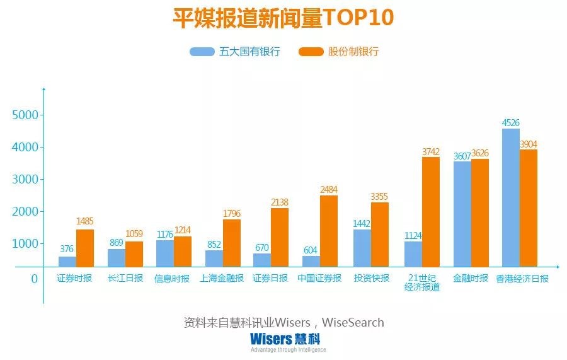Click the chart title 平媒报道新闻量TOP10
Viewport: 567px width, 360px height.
[x=283, y=18]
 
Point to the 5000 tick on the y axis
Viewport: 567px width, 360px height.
[x=25, y=115]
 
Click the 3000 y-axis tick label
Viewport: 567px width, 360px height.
[x=25, y=180]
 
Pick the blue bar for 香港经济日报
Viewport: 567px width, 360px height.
[x=510, y=197]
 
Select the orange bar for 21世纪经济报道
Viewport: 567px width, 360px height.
[x=431, y=212]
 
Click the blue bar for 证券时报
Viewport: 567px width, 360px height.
[x=67, y=262]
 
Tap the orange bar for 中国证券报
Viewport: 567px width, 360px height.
[x=329, y=231]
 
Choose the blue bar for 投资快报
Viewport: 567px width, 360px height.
[x=362, y=248]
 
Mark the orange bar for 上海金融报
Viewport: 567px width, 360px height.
[x=231, y=243]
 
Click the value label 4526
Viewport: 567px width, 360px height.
[x=510, y=123]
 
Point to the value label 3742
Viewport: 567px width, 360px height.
[x=431, y=151]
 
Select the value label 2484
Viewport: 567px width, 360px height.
[x=329, y=190]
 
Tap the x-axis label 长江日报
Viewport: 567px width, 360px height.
[x=125, y=278]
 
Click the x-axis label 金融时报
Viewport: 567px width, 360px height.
[x=470, y=278]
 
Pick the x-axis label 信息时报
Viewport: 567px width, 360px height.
[x=172, y=279]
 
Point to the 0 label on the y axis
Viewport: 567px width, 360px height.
[x=34, y=279]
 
